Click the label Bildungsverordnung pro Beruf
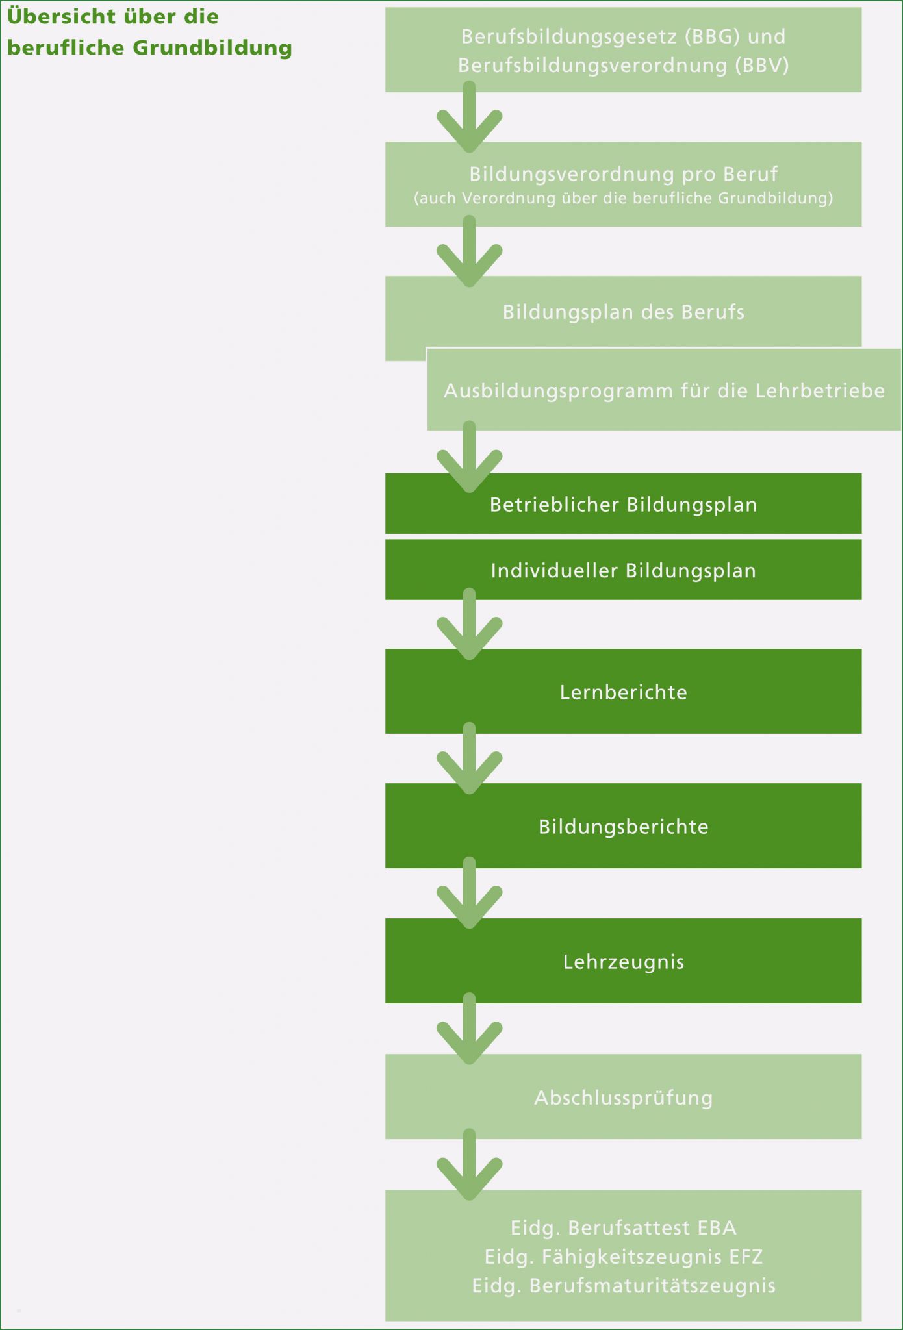tap(624, 174)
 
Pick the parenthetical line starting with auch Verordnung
tap(624, 198)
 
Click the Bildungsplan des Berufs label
tap(624, 312)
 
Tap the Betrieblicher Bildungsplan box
tap(624, 504)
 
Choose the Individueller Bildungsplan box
tap(624, 570)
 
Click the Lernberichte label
tap(624, 692)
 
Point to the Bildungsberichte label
tap(624, 827)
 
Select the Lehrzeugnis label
tap(624, 962)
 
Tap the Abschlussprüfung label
tap(624, 1098)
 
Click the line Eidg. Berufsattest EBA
tap(624, 1228)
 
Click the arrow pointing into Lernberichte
tap(469, 624)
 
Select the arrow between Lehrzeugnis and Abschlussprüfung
tap(469, 1029)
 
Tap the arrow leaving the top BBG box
tap(469, 117)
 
